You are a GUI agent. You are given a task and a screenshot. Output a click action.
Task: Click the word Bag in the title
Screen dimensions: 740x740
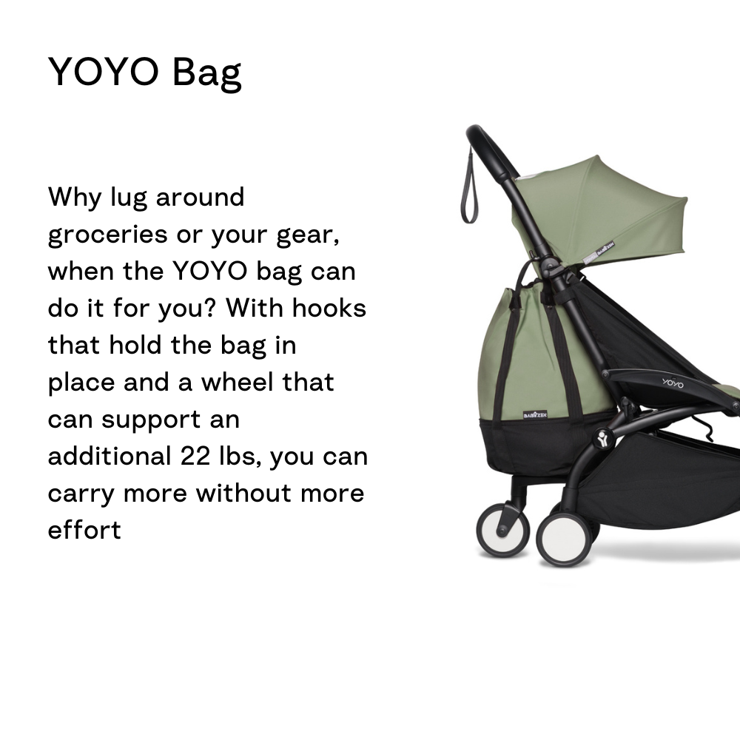(206, 73)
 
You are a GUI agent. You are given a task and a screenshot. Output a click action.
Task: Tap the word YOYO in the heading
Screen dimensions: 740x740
(104, 72)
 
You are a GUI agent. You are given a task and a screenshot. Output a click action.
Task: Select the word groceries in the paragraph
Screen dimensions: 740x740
(107, 235)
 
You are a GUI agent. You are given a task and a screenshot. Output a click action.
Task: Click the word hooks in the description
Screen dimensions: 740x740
(329, 308)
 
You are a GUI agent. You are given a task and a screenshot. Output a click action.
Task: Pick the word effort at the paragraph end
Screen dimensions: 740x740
(84, 530)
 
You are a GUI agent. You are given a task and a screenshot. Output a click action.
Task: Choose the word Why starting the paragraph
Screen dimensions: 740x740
(75, 198)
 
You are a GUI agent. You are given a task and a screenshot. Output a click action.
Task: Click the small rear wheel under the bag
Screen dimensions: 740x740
(502, 530)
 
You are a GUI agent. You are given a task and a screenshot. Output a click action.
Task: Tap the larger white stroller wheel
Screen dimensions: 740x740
(564, 539)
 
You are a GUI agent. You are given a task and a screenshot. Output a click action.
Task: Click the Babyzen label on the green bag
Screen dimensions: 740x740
(535, 415)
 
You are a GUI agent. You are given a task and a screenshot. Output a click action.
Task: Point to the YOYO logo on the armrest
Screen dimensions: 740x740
(673, 383)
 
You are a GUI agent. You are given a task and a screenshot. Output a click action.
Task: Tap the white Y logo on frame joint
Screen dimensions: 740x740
(602, 439)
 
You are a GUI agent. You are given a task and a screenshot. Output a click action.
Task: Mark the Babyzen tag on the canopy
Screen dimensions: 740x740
(599, 252)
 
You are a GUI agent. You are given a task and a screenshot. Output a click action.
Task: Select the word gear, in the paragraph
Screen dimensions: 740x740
(308, 235)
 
